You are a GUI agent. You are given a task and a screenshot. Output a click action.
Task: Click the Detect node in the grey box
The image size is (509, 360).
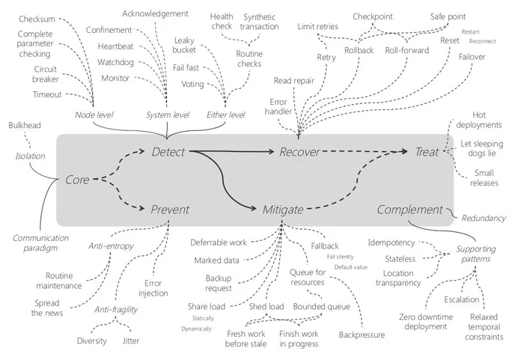point(168,152)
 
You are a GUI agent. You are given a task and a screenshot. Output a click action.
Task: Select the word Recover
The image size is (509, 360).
point(299,152)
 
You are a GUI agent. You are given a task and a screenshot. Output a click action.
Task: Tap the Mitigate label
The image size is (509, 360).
point(283,210)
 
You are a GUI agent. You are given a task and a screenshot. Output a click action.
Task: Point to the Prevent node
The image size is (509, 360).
point(170,210)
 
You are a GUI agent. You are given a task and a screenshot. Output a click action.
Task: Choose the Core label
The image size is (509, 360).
point(77,180)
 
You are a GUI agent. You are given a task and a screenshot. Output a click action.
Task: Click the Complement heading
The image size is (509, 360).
point(409,210)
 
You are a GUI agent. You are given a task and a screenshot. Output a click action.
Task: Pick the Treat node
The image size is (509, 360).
point(427,152)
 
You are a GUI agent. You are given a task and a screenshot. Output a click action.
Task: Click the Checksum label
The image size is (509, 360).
point(37,19)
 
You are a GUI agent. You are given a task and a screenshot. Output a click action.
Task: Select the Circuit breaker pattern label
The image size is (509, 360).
point(46,74)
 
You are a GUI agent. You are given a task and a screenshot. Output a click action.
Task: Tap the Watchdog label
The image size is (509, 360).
point(115,62)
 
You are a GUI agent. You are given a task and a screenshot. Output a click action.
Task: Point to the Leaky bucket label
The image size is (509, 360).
point(184,45)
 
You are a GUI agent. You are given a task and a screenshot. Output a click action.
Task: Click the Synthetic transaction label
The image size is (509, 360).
point(260,22)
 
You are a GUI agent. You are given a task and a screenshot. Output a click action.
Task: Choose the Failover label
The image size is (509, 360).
point(472,57)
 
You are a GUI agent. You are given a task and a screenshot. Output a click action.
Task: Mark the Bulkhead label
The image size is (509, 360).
point(25,125)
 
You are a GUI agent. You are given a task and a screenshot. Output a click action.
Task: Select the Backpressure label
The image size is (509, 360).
point(362,335)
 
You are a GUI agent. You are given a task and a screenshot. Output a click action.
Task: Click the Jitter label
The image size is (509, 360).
point(131,341)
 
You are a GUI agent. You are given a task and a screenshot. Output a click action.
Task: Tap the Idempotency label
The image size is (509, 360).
point(391,242)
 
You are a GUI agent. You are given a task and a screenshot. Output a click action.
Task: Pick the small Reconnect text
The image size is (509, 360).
point(482,41)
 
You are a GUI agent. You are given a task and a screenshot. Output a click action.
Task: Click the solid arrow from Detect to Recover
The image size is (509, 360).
point(232,151)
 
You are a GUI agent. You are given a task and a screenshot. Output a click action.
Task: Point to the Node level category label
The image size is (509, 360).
point(94,115)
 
